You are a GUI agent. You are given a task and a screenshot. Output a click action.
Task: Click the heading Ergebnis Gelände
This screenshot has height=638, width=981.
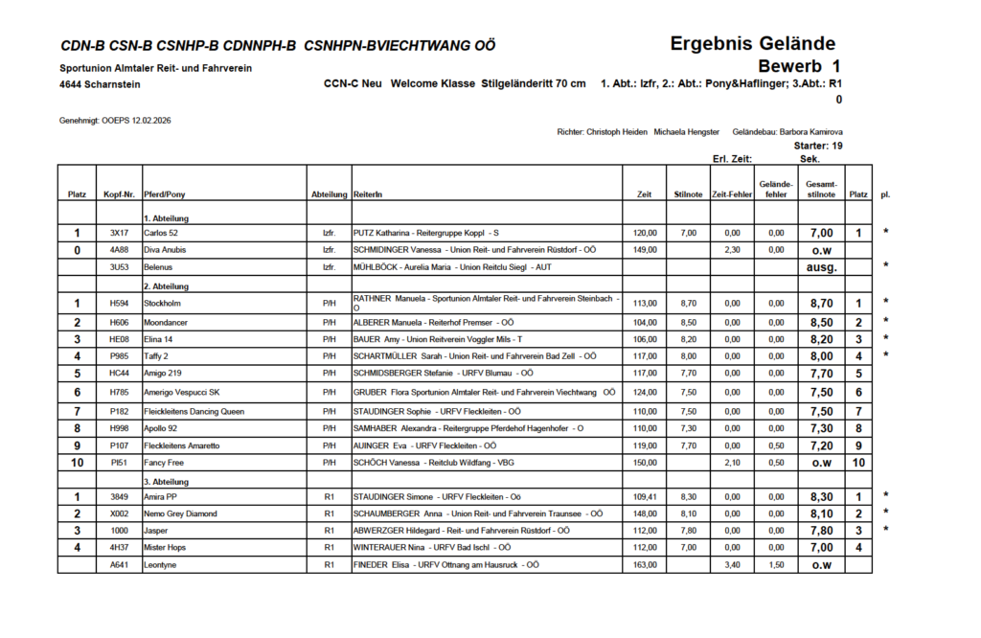pos(752,43)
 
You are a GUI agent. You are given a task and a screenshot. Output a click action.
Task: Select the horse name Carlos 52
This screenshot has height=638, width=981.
pos(163,233)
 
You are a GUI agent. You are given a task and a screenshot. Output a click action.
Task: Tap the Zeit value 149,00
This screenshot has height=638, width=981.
pos(646,249)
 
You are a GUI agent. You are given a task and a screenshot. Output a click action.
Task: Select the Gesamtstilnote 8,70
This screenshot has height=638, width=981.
pos(821,305)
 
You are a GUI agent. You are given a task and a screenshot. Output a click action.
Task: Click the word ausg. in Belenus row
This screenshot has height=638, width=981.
pos(821,266)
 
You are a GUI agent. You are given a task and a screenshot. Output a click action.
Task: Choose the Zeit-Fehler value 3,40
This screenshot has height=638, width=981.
pos(732,565)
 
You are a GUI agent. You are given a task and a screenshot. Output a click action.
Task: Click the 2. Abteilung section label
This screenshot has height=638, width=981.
pos(166,285)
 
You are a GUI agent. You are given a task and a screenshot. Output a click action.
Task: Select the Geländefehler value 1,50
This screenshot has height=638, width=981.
pos(775,565)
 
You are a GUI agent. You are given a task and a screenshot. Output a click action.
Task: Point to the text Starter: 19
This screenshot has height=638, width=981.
pos(818,146)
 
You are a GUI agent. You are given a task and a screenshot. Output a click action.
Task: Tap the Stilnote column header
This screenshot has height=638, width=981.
pos(688,194)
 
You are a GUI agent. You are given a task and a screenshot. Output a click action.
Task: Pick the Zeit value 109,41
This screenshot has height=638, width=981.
pos(646,497)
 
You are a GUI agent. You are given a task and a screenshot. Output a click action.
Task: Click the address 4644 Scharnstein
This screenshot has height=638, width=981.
pos(100,84)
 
